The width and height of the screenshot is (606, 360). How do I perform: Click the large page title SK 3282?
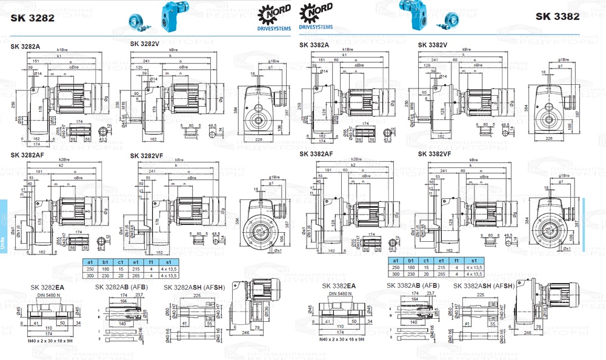pyautogui.click(x=33, y=18)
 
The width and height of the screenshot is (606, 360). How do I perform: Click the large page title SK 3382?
pyautogui.click(x=557, y=16)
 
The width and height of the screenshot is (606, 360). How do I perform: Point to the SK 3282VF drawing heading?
pyautogui.click(x=147, y=156)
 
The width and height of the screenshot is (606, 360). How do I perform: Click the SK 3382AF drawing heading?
pyautogui.click(x=316, y=154)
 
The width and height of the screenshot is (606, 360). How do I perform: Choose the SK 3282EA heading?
pyautogui.click(x=48, y=287)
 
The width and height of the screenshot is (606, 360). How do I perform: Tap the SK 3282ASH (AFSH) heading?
pyautogui.click(x=194, y=287)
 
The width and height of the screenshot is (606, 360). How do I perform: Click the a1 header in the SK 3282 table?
pyautogui.click(x=90, y=261)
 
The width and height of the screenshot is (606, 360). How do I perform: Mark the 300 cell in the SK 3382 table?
pyautogui.click(x=396, y=273)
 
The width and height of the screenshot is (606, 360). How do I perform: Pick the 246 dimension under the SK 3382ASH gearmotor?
pyautogui.click(x=529, y=332)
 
